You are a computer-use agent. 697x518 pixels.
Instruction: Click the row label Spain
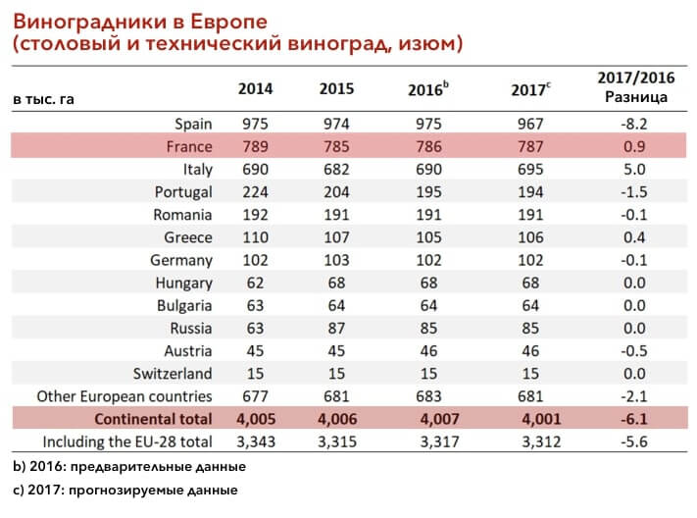193,125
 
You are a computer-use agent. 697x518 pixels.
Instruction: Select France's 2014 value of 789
255,146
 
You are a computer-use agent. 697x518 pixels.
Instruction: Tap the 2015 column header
336,88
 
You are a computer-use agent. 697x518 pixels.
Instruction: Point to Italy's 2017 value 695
530,169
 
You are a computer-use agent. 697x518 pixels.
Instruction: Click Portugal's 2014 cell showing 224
255,192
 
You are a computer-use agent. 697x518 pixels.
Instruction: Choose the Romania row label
182,215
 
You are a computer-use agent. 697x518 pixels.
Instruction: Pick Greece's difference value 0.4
634,237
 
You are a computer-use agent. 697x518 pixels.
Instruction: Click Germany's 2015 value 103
336,260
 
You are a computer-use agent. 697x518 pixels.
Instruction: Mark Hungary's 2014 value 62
255,283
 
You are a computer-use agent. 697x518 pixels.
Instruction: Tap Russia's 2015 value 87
336,328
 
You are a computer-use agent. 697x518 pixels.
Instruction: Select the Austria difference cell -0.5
634,350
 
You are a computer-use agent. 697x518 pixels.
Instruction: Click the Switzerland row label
173,374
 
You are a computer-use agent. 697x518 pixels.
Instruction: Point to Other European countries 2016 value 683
428,396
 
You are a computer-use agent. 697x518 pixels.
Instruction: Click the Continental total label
153,419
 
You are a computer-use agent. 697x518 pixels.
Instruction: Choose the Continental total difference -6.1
634,419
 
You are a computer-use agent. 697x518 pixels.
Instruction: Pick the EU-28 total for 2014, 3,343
256,441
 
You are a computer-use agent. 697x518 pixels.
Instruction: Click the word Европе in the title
228,22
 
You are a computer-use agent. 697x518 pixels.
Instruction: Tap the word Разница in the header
636,97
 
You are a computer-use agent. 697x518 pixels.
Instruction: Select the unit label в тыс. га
43,99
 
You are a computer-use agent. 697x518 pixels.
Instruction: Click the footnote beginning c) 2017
125,490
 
